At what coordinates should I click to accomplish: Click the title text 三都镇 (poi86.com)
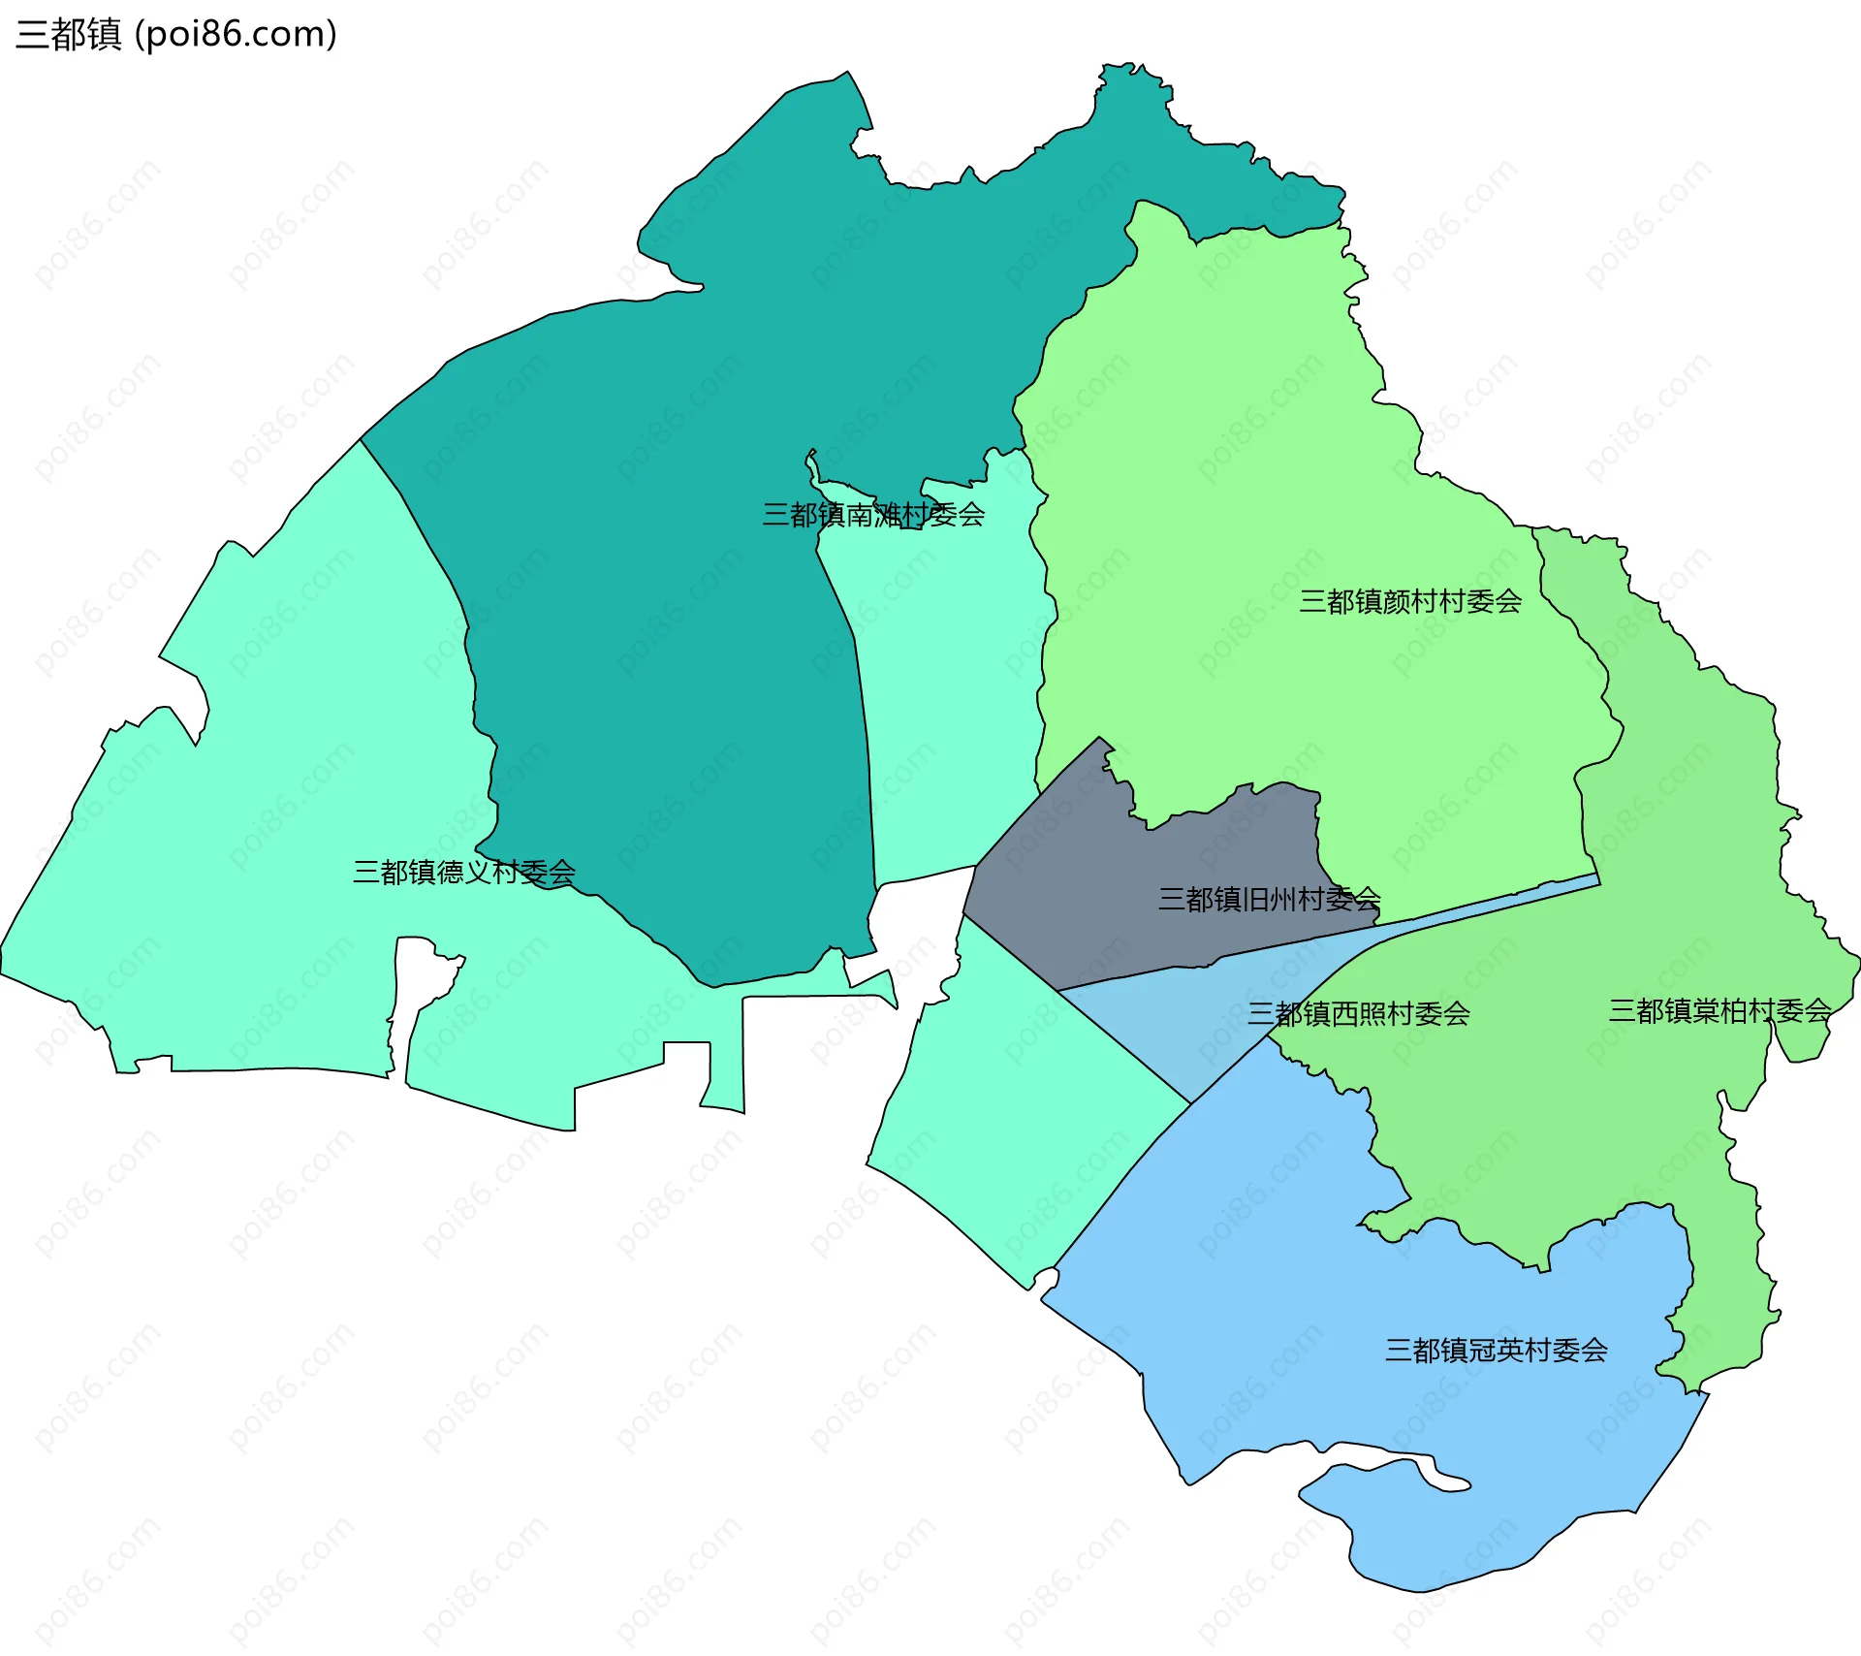click(x=176, y=34)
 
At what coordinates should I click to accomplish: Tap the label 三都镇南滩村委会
click(x=872, y=515)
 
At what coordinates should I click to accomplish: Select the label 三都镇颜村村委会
click(x=1409, y=602)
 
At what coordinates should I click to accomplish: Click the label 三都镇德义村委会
click(x=463, y=873)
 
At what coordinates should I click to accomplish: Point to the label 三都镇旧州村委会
click(x=1269, y=900)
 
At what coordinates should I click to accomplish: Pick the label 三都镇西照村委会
click(x=1358, y=1014)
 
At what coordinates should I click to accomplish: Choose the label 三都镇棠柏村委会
click(x=1719, y=1011)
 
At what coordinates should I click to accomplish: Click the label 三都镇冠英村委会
click(x=1496, y=1351)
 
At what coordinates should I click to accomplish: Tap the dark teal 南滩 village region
click(x=678, y=582)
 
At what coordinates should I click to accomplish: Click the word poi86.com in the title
click(x=236, y=34)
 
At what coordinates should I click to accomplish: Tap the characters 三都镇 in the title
click(x=68, y=34)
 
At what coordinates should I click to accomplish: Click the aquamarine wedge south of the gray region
click(x=1018, y=1115)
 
